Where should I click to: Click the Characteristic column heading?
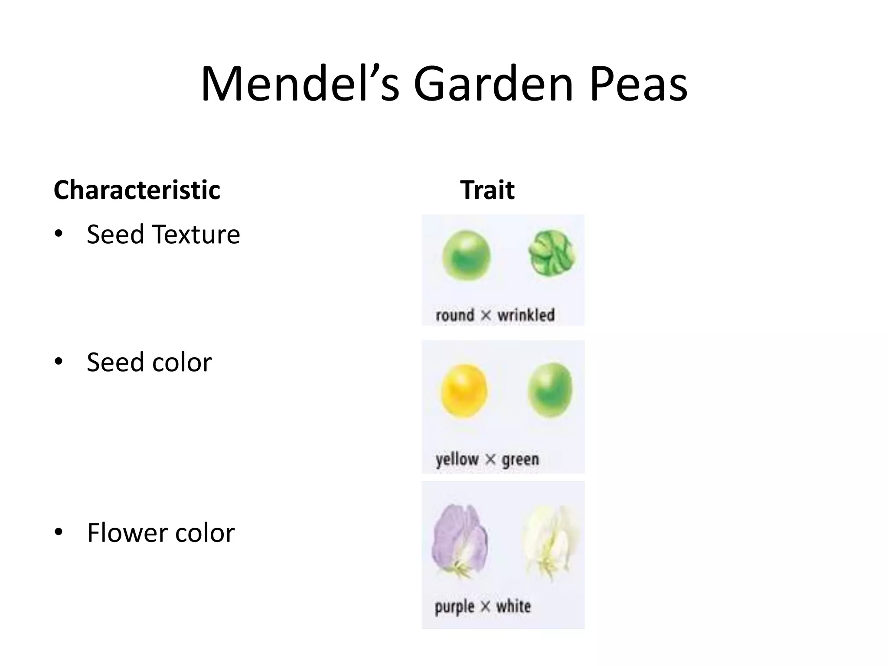point(137,190)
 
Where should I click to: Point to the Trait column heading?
point(487,190)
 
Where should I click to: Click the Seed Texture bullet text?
point(163,234)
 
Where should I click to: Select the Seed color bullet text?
point(149,362)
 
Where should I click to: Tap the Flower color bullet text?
point(161,532)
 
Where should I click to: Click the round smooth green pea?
point(467,255)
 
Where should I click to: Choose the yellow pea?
point(464,391)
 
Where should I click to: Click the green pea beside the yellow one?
point(550,390)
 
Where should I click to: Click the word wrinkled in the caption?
point(526,315)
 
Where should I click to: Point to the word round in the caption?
point(455,315)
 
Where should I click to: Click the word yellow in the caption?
point(457,459)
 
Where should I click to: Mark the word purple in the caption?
point(454,606)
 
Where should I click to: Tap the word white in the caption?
point(513,606)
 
